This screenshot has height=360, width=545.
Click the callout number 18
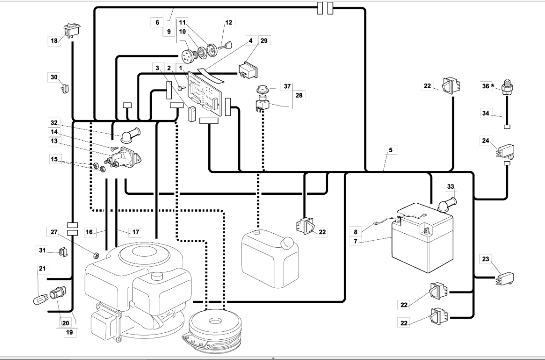pos(54,41)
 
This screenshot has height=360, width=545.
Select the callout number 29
pos(264,41)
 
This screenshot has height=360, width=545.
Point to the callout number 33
pos(451,187)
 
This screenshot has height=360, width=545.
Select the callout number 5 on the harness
pos(390,151)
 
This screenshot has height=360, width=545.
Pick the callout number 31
pos(42,251)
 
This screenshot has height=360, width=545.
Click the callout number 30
pos(54,77)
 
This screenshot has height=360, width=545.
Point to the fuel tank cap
pos(286,243)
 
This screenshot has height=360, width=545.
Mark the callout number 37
pos(287,86)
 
